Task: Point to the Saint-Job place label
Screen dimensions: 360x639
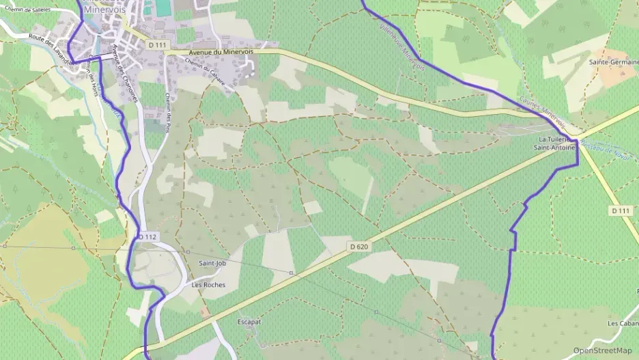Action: [x=212, y=262]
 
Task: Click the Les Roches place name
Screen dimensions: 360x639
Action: [x=208, y=285]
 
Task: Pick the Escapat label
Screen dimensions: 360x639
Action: [x=250, y=321]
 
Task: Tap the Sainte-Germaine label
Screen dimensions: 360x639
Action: [x=613, y=61]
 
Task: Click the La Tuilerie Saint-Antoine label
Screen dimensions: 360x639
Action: [x=554, y=143]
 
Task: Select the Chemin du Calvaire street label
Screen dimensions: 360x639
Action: [x=205, y=72]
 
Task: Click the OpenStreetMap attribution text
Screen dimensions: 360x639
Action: [x=602, y=350]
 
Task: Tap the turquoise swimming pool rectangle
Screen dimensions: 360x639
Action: [x=162, y=8]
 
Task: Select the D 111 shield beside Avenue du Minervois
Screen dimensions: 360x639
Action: [x=157, y=44]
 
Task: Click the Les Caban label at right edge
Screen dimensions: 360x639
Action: [x=623, y=323]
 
